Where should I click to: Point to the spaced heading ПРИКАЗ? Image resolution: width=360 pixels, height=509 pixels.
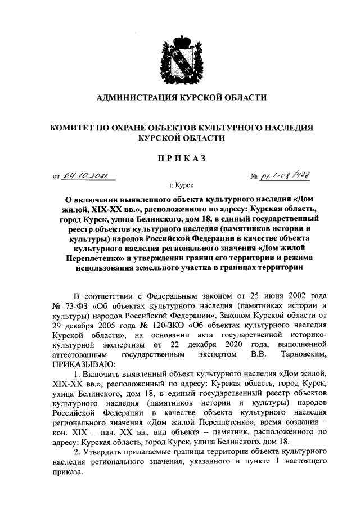pyautogui.click(x=180, y=158)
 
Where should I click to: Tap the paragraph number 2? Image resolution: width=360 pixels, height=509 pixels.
pyautogui.click(x=77, y=452)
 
